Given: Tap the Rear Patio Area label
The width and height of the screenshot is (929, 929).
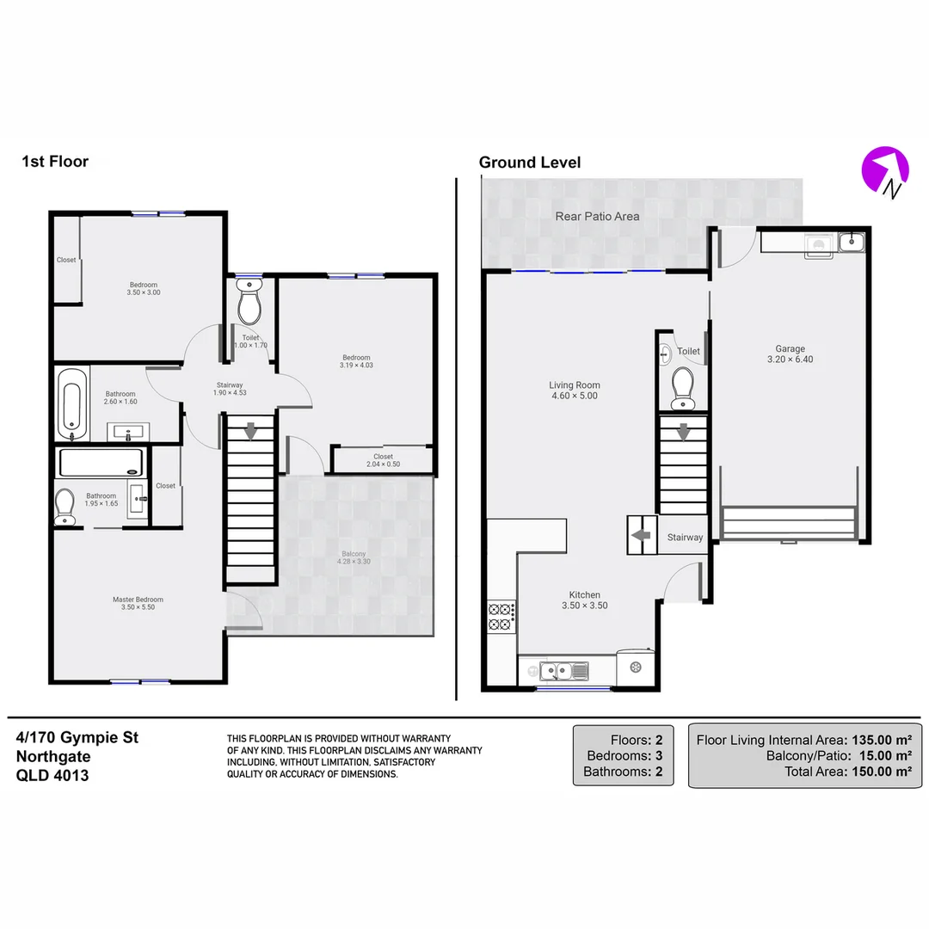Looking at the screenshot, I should click(x=597, y=216).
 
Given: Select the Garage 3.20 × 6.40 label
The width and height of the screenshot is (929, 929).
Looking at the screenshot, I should click(x=789, y=354).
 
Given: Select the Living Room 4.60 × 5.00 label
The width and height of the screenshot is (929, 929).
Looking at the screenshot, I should click(x=575, y=391).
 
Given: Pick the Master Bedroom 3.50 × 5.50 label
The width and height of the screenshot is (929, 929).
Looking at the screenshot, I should click(x=138, y=603).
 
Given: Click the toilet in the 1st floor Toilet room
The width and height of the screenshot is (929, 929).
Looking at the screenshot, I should click(x=249, y=306).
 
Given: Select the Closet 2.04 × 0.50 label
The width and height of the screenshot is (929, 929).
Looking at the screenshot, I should click(x=383, y=460).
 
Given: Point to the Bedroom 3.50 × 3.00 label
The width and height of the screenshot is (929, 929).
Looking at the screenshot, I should click(x=144, y=288).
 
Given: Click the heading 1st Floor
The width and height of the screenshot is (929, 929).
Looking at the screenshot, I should click(x=55, y=161).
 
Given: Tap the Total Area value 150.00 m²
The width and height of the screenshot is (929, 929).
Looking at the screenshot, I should click(x=881, y=772).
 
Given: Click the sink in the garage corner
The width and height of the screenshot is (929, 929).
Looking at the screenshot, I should click(x=850, y=243).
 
